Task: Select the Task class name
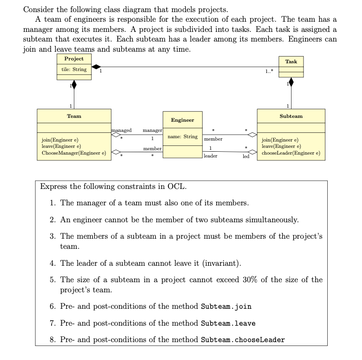tap(291, 61)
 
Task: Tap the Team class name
tap(74, 116)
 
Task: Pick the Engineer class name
tap(182, 120)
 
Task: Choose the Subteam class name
tap(291, 116)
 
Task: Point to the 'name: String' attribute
tap(182, 137)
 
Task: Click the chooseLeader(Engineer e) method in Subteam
tap(291, 154)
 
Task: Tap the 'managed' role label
tap(122, 130)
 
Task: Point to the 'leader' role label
tap(210, 156)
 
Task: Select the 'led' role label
tap(245, 157)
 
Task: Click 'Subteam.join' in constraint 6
tap(226, 306)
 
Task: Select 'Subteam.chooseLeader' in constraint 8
tap(243, 339)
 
